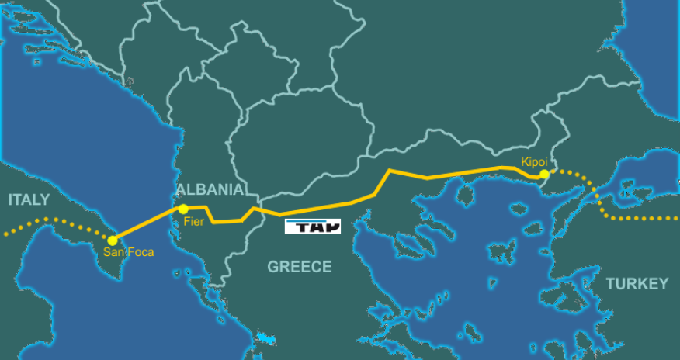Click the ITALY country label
point(29,200)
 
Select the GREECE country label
point(300,267)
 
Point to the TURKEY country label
point(637,284)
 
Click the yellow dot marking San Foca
point(113,241)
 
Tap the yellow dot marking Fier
point(183,209)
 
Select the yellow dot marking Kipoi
point(545,175)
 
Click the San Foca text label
point(129,252)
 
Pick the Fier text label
point(193,221)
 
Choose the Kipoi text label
point(534,162)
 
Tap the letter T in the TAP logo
point(297,227)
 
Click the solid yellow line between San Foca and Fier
point(147,224)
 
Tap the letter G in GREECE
point(273,267)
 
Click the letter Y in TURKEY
point(662,284)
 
